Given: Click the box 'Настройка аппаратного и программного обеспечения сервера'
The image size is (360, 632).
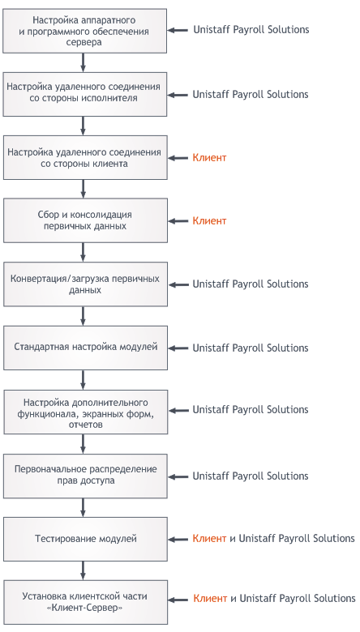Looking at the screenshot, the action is (x=84, y=31).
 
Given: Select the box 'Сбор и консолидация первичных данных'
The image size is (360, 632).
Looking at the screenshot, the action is (x=85, y=220).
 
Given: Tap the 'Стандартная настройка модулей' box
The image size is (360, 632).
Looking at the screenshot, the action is (x=85, y=348).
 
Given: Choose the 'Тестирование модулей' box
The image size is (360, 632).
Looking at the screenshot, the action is (x=85, y=539).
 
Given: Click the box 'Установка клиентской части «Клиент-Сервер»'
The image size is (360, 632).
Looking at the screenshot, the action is (x=85, y=602).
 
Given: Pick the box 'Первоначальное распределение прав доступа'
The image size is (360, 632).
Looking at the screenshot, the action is (x=85, y=476).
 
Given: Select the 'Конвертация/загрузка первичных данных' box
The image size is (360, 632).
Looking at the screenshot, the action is (x=85, y=284).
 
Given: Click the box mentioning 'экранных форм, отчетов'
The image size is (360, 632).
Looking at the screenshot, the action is (x=85, y=412).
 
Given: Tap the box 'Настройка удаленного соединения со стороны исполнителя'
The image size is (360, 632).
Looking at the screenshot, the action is (x=85, y=94).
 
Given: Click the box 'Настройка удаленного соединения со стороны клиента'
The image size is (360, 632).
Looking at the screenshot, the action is (x=85, y=158).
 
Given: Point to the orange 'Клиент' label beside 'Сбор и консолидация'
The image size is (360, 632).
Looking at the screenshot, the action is (x=209, y=221).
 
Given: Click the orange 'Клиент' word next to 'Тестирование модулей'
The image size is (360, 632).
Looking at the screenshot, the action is (x=209, y=539).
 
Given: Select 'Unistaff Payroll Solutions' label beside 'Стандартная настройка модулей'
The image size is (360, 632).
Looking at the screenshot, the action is (x=251, y=348).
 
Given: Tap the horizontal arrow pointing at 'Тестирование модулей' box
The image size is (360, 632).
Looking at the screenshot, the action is (x=178, y=540).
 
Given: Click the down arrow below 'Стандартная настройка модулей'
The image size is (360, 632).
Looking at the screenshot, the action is (x=83, y=380).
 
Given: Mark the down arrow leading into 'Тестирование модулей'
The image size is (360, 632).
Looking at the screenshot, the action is (x=83, y=508).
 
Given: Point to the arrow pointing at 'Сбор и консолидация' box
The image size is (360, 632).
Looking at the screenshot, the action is (x=178, y=221).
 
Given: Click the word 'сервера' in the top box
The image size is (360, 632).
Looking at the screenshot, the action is (x=84, y=42).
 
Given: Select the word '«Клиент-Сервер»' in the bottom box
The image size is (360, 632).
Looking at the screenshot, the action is (x=84, y=608).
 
